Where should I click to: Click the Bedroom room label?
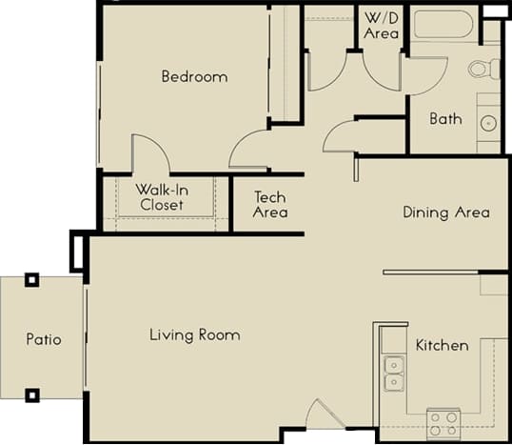[x=194, y=76]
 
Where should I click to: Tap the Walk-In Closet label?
[x=162, y=197]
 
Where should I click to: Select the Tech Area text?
[x=269, y=205]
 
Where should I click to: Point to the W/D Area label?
[x=382, y=25]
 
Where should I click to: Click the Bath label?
[x=445, y=119]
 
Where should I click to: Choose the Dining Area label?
[x=445, y=212]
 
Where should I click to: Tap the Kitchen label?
[x=442, y=345]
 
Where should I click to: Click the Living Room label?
[x=194, y=335]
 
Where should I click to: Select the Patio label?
[x=43, y=339]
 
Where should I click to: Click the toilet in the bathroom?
[x=482, y=69]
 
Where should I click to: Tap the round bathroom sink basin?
[x=489, y=122]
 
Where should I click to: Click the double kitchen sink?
[x=392, y=374]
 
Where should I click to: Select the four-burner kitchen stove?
[x=443, y=420]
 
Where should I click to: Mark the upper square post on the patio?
[x=31, y=280]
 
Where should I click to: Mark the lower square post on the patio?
[x=31, y=394]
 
